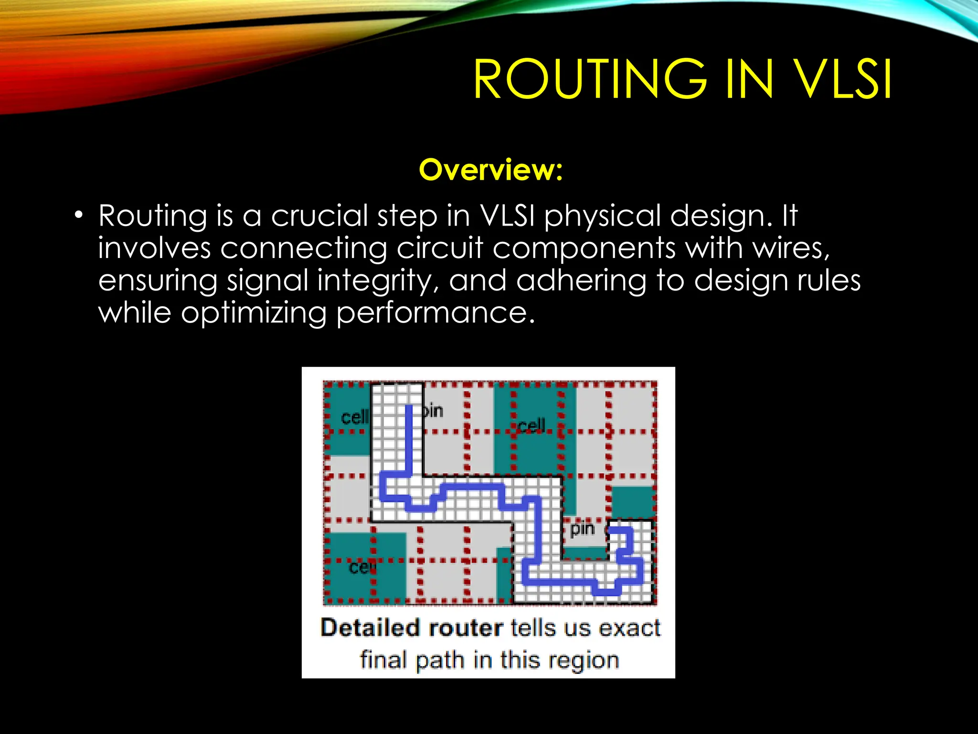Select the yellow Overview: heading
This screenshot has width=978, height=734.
coord(491,170)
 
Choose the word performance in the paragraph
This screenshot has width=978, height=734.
coord(435,314)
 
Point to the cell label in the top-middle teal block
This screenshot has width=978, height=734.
coord(531,425)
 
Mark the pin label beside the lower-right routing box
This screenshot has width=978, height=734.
coord(582,529)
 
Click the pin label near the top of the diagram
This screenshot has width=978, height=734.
coord(434,410)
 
